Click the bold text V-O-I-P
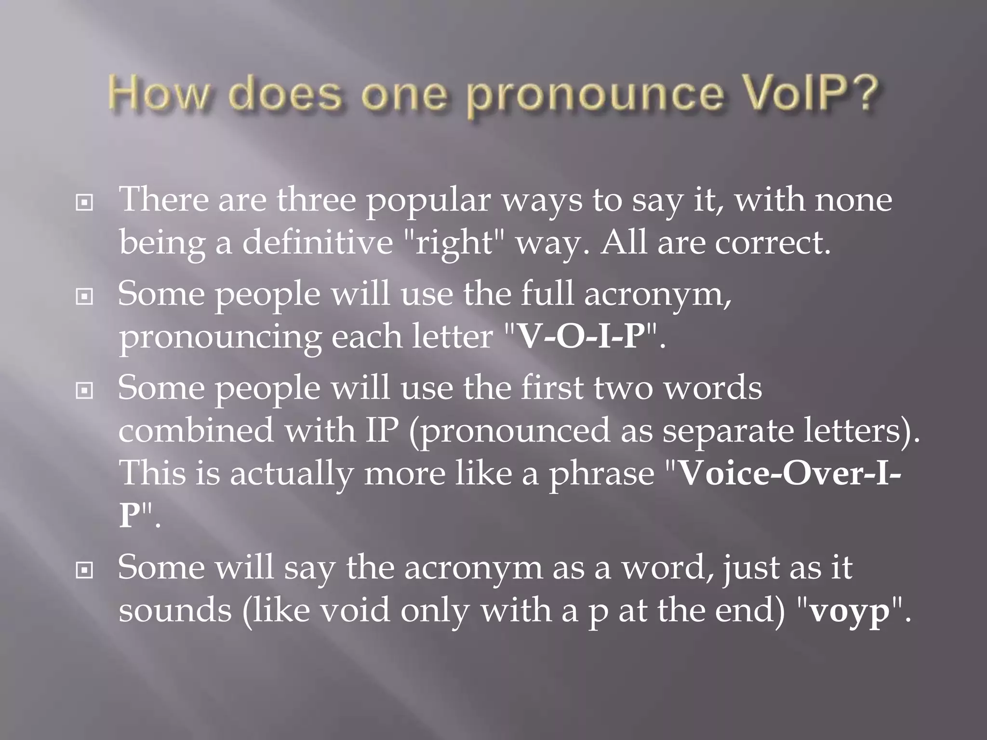(x=581, y=337)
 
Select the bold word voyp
(x=849, y=611)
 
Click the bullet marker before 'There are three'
(x=84, y=203)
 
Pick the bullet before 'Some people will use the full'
(x=84, y=297)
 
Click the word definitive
(x=318, y=242)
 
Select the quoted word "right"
(x=454, y=242)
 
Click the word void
(x=355, y=611)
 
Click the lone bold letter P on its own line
(x=129, y=515)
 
